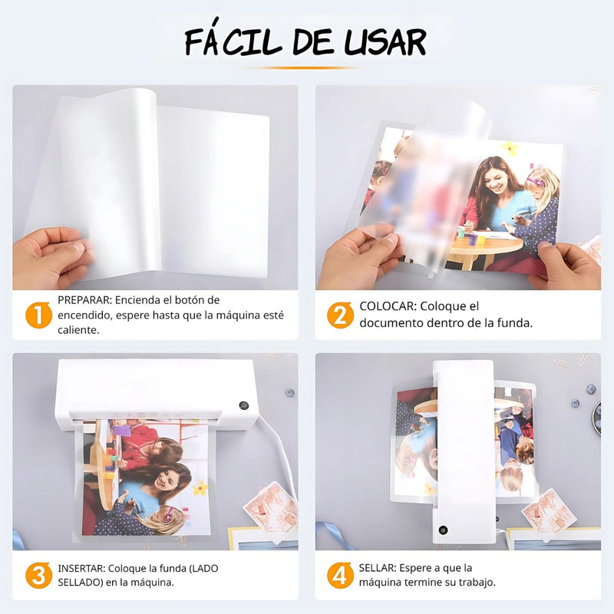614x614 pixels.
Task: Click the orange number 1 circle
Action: [35, 315]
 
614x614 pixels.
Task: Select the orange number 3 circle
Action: [35, 576]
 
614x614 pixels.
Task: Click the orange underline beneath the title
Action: [306, 68]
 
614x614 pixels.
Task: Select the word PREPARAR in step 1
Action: [84, 300]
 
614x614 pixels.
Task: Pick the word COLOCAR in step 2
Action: [388, 306]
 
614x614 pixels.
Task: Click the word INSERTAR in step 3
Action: [81, 569]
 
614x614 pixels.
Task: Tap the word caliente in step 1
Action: [78, 330]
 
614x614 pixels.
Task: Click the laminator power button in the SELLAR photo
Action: [443, 529]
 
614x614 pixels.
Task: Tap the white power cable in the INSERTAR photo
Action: [283, 454]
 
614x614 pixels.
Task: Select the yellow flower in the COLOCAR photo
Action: [510, 148]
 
